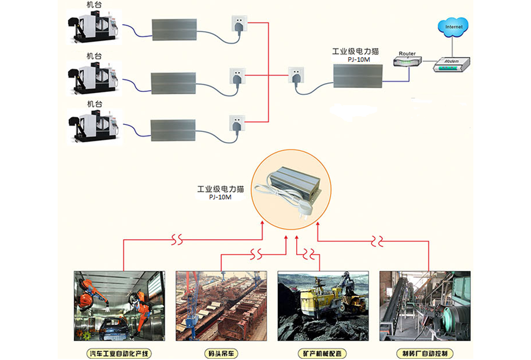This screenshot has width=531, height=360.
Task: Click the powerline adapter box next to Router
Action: point(357,75)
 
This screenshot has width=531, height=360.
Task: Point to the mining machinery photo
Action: point(323,306)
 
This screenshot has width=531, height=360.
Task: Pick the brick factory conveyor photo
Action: point(424,306)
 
